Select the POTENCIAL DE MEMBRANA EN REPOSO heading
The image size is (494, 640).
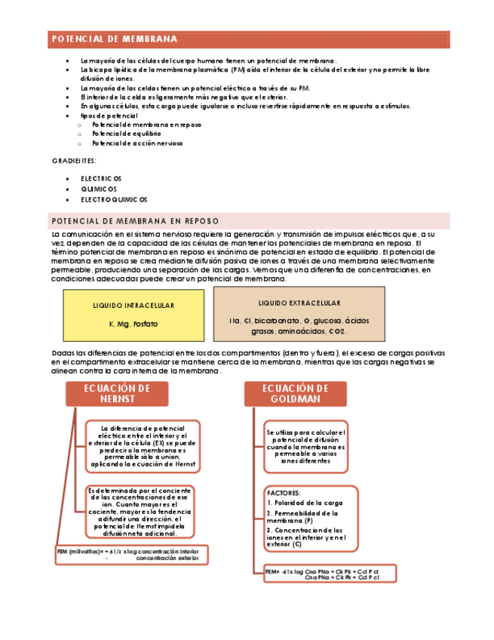pos(135,221)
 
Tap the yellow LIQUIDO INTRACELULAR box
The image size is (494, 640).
pos(133,314)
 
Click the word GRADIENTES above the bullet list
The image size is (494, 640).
pos(74,162)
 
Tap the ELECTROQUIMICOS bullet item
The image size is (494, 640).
pos(115,199)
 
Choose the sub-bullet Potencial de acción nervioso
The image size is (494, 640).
pos(137,143)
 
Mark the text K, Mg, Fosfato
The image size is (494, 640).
pos(133,324)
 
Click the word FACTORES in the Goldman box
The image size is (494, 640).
pos(284,492)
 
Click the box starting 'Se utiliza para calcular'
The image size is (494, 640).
pos(305,446)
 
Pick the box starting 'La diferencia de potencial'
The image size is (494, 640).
pos(143,446)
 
